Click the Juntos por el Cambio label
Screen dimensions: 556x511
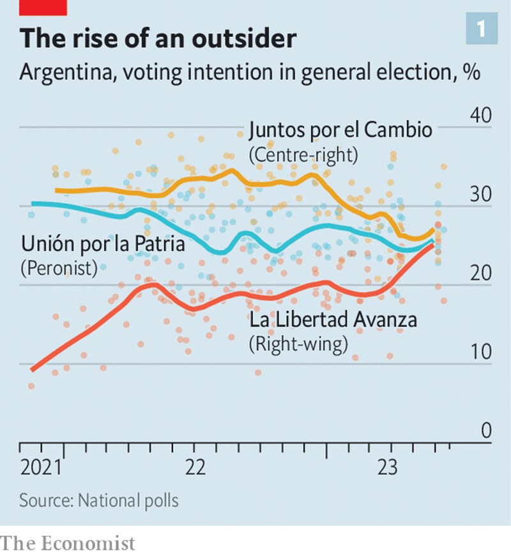340,130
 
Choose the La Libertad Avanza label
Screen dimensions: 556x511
333,319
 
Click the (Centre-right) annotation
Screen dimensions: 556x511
303,154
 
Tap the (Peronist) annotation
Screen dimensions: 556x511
59,268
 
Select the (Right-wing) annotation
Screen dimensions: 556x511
298,344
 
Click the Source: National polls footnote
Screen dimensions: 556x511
99,500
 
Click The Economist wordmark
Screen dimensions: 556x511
68,543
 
